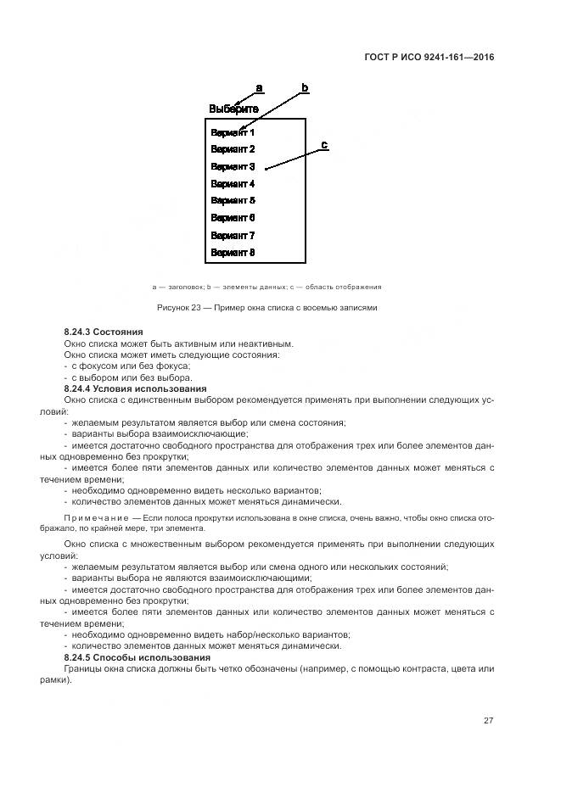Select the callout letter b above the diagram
click(x=305, y=88)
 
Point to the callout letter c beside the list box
click(x=324, y=145)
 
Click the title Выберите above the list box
click(x=233, y=109)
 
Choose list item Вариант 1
click(x=233, y=132)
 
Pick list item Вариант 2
click(x=233, y=149)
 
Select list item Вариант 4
click(x=233, y=184)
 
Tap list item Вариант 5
click(x=233, y=201)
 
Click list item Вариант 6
click(x=233, y=218)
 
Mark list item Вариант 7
click(x=233, y=236)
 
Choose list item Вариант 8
click(x=233, y=253)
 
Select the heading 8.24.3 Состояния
click(x=104, y=331)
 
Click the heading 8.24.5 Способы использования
click(x=137, y=657)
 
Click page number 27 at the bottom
click(x=489, y=720)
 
